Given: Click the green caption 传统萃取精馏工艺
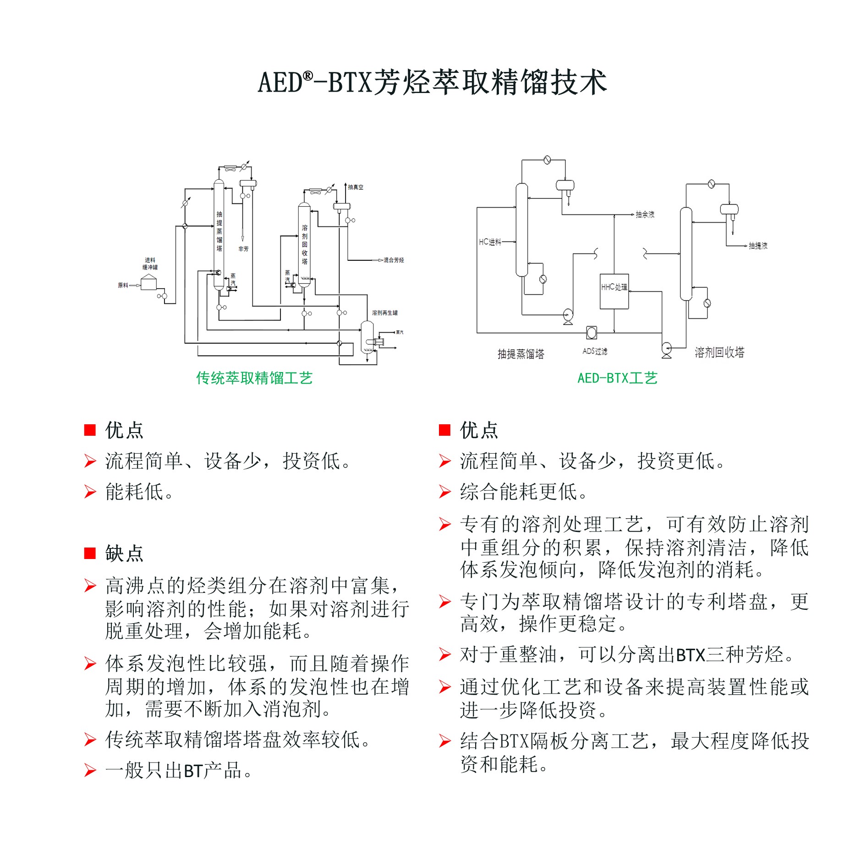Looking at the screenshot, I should [254, 378].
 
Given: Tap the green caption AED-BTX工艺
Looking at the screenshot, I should [617, 378].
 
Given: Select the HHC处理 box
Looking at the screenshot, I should [614, 291].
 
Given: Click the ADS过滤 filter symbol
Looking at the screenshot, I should [592, 333].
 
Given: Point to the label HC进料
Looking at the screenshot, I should [490, 242].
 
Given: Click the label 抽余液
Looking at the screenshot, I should [645, 214].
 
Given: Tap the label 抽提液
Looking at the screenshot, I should [758, 246].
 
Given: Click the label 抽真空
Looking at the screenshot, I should [356, 187].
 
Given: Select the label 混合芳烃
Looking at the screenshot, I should [394, 260].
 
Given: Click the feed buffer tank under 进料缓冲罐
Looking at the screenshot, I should [148, 282].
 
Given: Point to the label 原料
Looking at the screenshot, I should [123, 285].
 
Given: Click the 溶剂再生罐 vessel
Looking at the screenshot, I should [367, 337].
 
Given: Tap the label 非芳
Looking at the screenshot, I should [243, 249].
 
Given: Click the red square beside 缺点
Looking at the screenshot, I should [90, 554].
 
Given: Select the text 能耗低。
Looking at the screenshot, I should [139, 492].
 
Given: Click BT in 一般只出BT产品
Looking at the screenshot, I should [193, 771].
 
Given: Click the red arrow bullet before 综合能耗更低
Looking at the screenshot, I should [444, 492].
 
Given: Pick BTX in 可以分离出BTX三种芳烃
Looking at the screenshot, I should [691, 655].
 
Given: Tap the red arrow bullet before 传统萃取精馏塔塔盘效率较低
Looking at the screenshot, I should [90, 740].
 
